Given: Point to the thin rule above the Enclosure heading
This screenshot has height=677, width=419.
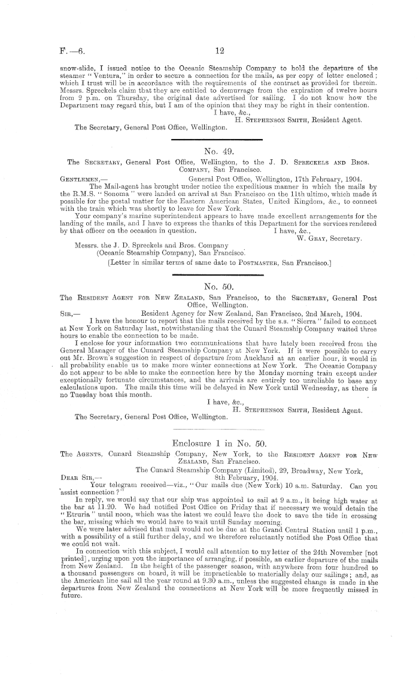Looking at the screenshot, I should click(217, 446).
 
